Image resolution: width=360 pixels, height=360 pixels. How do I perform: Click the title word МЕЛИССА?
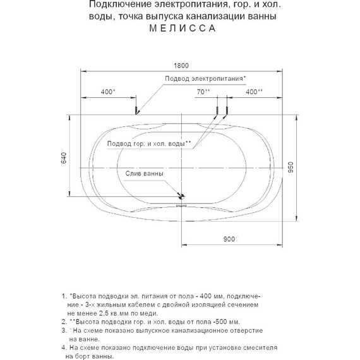(x=179, y=28)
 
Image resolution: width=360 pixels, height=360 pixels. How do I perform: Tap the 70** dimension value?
(x=203, y=92)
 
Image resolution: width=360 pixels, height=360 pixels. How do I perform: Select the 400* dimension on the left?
(x=108, y=92)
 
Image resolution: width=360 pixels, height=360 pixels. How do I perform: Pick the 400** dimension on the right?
(x=255, y=92)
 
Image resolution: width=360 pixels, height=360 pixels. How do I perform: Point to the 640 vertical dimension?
(x=63, y=159)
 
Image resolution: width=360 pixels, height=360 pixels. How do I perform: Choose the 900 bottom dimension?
(x=230, y=239)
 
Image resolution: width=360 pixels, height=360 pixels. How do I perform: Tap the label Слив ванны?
(x=145, y=174)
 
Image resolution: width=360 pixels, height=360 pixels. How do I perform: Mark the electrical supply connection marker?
(x=136, y=111)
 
